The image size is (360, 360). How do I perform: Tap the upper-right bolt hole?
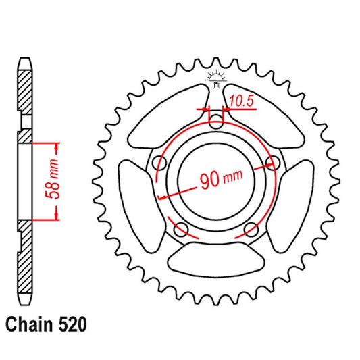[x=273, y=163]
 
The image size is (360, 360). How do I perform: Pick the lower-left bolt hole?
[x=180, y=230]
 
